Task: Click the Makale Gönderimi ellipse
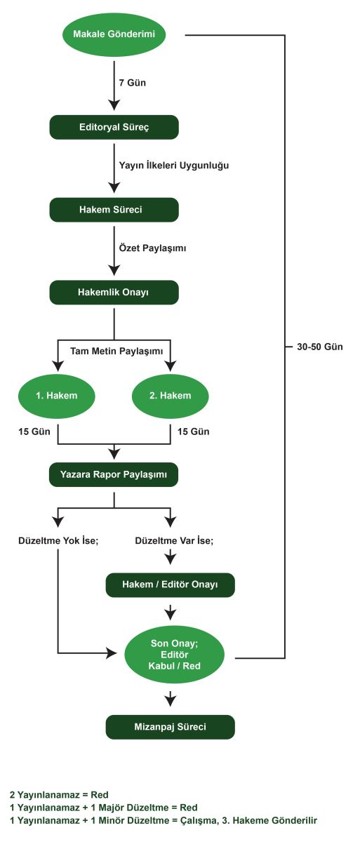(x=114, y=34)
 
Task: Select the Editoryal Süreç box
(x=114, y=127)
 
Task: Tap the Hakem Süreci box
(x=114, y=210)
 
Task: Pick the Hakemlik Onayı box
(x=114, y=293)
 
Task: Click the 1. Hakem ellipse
(x=57, y=396)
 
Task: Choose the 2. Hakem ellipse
(x=171, y=396)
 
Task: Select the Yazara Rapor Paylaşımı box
(x=114, y=475)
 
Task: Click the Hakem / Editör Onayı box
(x=171, y=585)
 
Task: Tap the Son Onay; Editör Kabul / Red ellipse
(x=174, y=655)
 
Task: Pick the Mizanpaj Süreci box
(x=171, y=727)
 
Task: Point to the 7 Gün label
(x=132, y=83)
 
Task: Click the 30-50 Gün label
(x=320, y=347)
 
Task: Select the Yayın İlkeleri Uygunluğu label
(x=174, y=166)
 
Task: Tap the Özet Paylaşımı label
(x=152, y=248)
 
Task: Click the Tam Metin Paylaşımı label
(x=116, y=351)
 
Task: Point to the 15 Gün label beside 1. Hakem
(x=34, y=432)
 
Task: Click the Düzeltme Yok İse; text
(x=58, y=540)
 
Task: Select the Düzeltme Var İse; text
(x=174, y=540)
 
